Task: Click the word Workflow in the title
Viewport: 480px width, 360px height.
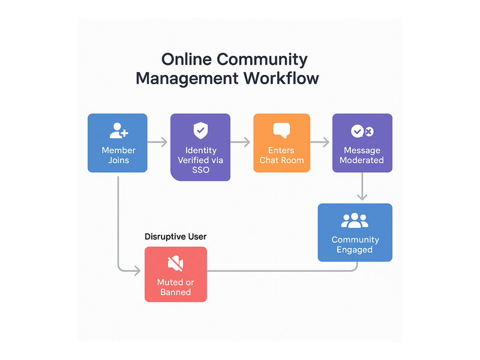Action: tap(281, 78)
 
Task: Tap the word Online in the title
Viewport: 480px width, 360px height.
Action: tap(187, 59)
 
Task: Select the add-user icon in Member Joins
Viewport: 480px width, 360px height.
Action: tap(119, 131)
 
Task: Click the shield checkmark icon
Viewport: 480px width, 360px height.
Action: tap(200, 130)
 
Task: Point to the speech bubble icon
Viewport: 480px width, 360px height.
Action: tap(281, 130)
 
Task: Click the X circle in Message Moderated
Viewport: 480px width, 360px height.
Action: tap(369, 131)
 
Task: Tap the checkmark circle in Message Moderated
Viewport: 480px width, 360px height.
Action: tap(357, 131)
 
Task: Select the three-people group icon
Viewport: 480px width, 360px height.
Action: tap(355, 220)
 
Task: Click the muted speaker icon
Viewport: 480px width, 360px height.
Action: tap(175, 263)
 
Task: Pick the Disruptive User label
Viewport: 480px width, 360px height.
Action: tap(175, 236)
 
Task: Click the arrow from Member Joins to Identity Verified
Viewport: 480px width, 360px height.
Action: tap(157, 142)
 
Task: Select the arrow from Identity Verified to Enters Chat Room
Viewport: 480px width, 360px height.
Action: tap(241, 142)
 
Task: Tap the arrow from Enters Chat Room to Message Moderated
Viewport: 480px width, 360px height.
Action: tap(320, 142)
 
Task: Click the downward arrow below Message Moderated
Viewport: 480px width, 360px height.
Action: tap(362, 186)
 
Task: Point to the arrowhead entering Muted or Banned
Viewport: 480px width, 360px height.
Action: tap(137, 271)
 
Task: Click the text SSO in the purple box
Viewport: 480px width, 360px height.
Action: tap(200, 170)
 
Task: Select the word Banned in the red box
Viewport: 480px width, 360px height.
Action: tap(175, 292)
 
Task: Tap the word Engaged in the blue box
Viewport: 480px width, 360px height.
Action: tap(355, 250)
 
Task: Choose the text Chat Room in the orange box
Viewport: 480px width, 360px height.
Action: tap(281, 160)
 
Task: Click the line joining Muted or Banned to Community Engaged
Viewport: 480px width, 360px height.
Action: tap(281, 271)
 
